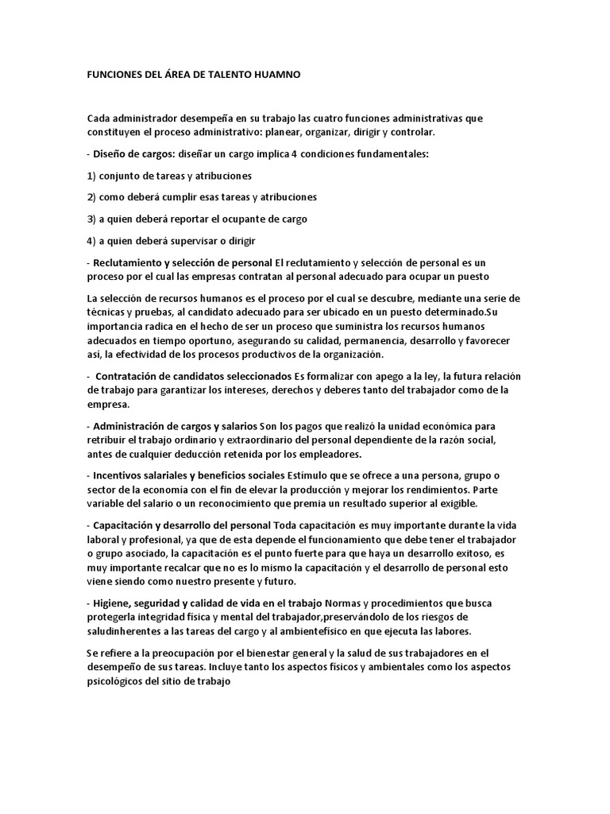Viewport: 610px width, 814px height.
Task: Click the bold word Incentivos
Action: point(120,475)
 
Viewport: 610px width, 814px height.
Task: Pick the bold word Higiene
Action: point(113,603)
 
